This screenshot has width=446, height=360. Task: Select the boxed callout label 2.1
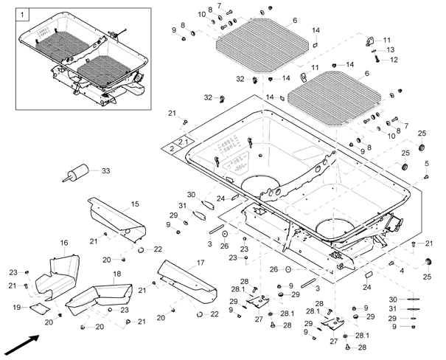pyautogui.click(x=182, y=139)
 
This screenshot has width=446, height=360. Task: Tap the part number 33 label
pyautogui.click(x=105, y=171)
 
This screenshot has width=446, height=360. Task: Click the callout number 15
pyautogui.click(x=135, y=203)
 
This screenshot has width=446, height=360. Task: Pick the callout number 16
pyautogui.click(x=64, y=243)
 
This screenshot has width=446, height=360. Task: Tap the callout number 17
pyautogui.click(x=201, y=263)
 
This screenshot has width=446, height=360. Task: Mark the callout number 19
pyautogui.click(x=18, y=305)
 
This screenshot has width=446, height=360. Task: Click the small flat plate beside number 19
pyautogui.click(x=42, y=305)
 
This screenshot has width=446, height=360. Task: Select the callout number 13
pyautogui.click(x=390, y=49)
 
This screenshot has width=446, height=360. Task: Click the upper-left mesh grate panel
pyautogui.click(x=262, y=45)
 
